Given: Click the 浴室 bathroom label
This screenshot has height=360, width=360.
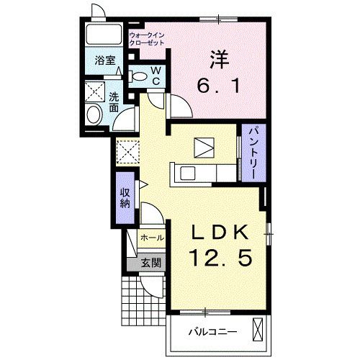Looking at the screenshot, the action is point(105,60).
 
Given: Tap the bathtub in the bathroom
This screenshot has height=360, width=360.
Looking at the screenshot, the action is point(104,35).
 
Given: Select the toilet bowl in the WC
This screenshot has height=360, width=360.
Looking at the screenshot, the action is point(138,76).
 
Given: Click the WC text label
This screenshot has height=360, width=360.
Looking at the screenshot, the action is point(156,76).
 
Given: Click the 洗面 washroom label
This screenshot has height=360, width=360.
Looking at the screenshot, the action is point(114,102).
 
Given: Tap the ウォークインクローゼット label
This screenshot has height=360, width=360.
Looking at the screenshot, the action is point(147,39).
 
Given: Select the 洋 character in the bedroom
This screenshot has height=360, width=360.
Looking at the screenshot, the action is point(219,60).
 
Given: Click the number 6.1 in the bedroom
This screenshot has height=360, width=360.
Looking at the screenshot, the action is point(218,86).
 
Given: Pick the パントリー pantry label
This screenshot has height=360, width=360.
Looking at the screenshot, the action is point(253,153).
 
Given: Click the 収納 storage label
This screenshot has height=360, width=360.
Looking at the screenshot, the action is point(125,198).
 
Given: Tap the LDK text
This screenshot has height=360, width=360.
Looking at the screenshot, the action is point(220,233).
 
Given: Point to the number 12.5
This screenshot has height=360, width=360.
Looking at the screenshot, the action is point(221,257).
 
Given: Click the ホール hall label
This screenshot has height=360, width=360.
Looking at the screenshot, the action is point(152,238).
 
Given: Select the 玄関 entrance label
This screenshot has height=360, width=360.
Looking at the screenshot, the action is point(150,263).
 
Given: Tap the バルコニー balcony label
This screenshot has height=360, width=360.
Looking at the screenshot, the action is point(212,332).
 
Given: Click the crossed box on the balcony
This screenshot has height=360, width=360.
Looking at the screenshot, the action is point(258,330).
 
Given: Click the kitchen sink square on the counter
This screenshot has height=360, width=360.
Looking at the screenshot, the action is point(188,174).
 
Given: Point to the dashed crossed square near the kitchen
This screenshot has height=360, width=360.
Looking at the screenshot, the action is point(127,152).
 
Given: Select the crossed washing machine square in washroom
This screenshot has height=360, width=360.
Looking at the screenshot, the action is point(95,92).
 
